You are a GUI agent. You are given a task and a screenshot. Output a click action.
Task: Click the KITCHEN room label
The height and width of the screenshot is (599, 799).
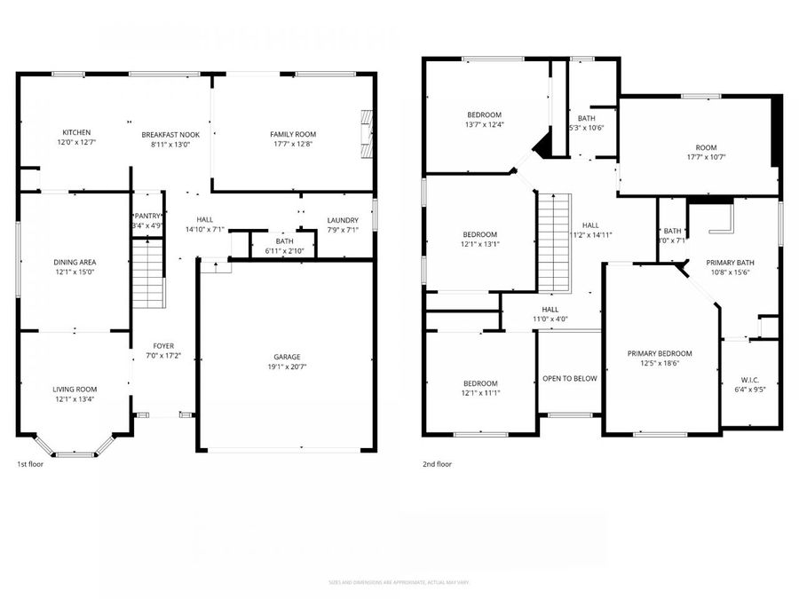click(x=75, y=132)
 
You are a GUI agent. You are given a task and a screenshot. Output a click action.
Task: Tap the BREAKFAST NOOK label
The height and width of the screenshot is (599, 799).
click(x=170, y=134)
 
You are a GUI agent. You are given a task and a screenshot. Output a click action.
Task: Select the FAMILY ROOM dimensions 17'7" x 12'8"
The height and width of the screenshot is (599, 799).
click(x=292, y=144)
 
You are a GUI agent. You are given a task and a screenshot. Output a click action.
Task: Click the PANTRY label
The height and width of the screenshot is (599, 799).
click(x=146, y=216)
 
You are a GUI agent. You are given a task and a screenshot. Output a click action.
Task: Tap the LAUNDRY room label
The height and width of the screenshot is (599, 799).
click(x=342, y=220)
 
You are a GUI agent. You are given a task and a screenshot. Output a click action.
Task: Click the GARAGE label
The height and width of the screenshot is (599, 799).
click(x=285, y=356)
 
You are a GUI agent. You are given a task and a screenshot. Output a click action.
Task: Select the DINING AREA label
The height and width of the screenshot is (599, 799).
click(x=75, y=262)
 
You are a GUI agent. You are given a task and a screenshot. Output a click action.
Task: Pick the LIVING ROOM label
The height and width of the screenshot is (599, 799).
click(x=75, y=390)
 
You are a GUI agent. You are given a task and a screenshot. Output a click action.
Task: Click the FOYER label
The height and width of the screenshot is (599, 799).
click(x=163, y=346)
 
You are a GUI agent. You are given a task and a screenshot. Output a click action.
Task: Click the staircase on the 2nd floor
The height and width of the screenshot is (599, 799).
click(x=551, y=243)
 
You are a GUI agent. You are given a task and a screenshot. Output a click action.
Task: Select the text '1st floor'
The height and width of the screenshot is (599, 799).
click(x=29, y=464)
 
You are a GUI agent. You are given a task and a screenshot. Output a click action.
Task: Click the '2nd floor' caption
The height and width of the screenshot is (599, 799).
click(x=437, y=463)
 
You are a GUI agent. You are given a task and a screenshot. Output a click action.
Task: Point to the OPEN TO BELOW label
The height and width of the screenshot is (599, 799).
click(x=569, y=378)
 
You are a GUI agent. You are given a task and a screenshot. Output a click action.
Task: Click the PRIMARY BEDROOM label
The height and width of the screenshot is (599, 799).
click(x=660, y=353)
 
